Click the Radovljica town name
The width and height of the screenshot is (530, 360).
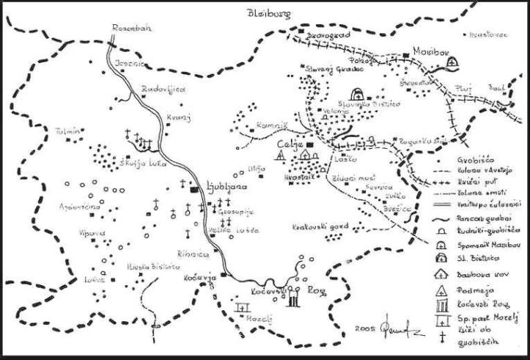click(163, 89)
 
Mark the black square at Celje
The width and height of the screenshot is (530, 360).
click(309, 146)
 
